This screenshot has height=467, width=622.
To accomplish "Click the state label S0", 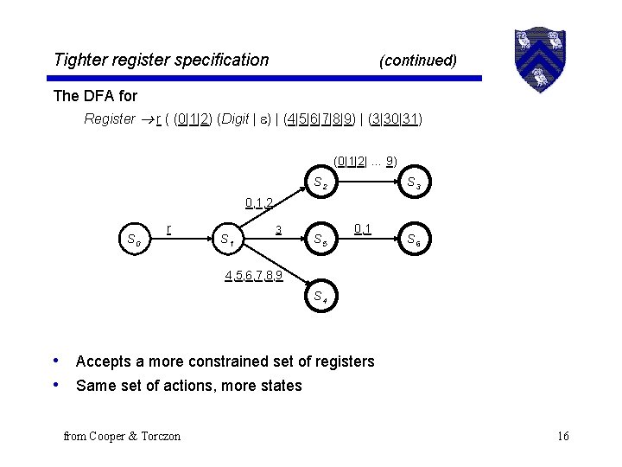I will click(133, 240).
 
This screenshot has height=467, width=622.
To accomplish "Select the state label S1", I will click(228, 240).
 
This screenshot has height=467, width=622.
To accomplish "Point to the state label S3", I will click(415, 184).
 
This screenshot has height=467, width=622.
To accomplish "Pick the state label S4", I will click(320, 297).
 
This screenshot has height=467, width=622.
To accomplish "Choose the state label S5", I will click(320, 240).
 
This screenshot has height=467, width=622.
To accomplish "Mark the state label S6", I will click(415, 240).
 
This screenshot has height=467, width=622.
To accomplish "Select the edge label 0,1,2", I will click(259, 203).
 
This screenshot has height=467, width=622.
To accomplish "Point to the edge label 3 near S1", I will click(278, 229).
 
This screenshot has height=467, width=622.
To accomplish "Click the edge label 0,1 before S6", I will click(363, 228).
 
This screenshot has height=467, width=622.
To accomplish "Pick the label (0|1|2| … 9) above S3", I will click(365, 161).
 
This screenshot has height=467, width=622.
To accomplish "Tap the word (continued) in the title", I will click(418, 61).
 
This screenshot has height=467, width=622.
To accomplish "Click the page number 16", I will click(562, 436).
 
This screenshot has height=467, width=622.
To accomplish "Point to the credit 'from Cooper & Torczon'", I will click(122, 436).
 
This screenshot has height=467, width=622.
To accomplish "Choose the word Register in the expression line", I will click(110, 118).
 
